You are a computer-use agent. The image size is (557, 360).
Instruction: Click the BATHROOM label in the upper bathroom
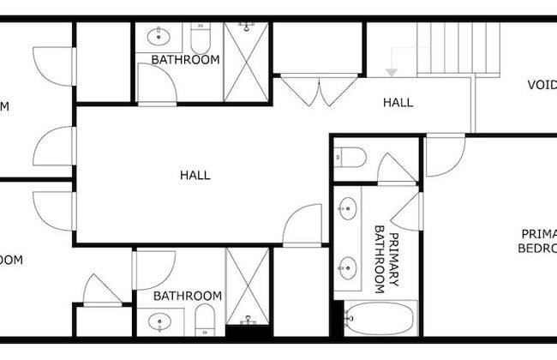(185, 60)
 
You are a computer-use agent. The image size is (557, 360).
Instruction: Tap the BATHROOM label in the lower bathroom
(187, 296)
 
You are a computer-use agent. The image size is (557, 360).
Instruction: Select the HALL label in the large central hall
(195, 175)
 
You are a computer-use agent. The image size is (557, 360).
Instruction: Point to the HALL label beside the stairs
(398, 102)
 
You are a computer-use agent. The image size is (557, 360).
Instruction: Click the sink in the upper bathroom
(159, 37)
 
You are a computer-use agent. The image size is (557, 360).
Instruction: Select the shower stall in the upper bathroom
(246, 62)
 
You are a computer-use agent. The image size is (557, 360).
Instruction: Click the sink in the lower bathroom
(160, 322)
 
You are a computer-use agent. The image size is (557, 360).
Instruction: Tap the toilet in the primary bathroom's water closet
(351, 157)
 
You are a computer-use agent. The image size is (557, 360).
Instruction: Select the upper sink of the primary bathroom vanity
(348, 208)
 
